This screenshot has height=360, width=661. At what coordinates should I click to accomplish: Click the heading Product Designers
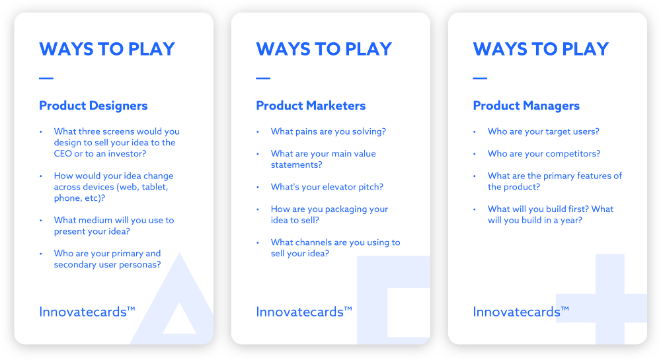[93, 106]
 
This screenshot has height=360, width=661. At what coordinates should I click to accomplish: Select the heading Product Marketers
[311, 106]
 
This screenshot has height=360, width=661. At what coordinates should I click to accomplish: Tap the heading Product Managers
[526, 106]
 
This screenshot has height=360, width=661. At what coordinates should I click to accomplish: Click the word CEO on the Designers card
[64, 154]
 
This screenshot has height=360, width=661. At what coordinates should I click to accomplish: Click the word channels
[318, 242]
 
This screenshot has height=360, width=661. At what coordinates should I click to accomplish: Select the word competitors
[572, 154]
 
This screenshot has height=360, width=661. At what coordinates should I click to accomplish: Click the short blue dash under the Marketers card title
[263, 79]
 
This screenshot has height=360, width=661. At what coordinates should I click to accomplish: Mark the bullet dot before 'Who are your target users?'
[474, 131]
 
